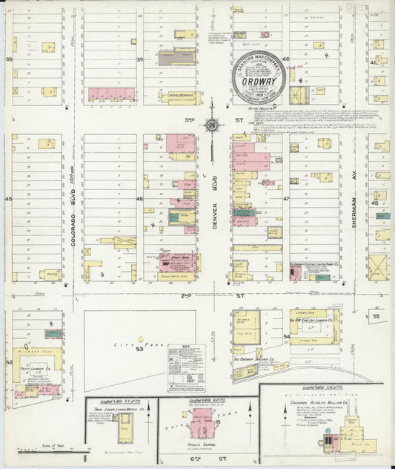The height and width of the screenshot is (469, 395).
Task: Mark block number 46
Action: tap(139, 199)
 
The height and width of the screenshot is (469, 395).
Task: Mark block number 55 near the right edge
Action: tap(376, 316)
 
